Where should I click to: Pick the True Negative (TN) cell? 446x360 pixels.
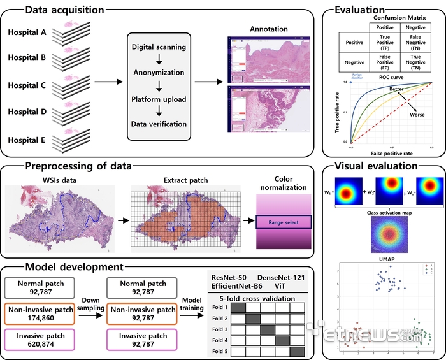pyautogui.click(x=415, y=64)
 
